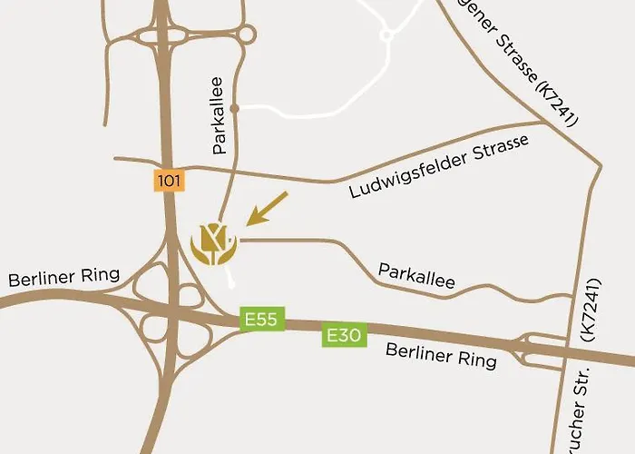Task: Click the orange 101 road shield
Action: click(170, 181)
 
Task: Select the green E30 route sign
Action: click(344, 337)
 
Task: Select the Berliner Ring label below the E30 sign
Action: click(441, 355)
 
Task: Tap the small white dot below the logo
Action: click(234, 282)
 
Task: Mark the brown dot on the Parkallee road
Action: click(234, 108)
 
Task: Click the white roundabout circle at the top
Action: click(386, 35)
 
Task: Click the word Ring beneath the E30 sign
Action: click(477, 360)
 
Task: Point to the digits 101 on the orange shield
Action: click(170, 181)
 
